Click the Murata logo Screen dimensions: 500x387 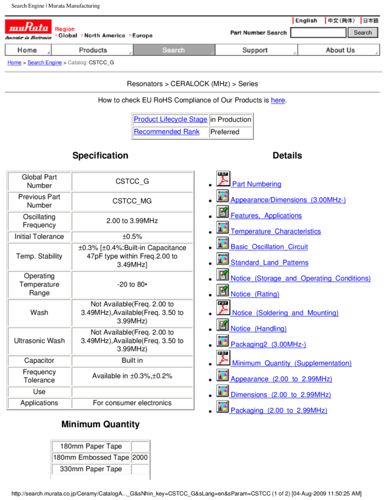pyautogui.click(x=28, y=27)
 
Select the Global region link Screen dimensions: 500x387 pyautogui.click(x=68, y=36)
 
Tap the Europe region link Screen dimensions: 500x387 pyautogui.click(x=142, y=36)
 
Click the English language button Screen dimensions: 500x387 pyautogui.click(x=309, y=21)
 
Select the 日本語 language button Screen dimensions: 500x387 pyautogui.click(x=371, y=21)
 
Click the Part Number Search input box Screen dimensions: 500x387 pyautogui.click(x=318, y=33)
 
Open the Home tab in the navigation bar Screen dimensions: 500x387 pyautogui.click(x=28, y=51)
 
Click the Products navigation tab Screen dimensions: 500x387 pyautogui.click(x=92, y=51)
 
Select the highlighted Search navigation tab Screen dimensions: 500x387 pyautogui.click(x=174, y=51)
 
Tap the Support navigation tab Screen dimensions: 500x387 pyautogui.click(x=255, y=51)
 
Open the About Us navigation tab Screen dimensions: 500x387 pyautogui.click(x=340, y=51)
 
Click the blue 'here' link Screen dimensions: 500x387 pyautogui.click(x=277, y=100)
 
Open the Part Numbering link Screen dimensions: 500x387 pyautogui.click(x=256, y=184)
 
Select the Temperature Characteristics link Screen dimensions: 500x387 pyautogui.click(x=275, y=231)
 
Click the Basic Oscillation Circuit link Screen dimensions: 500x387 pyautogui.click(x=269, y=247)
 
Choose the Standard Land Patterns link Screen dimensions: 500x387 pyautogui.click(x=269, y=262)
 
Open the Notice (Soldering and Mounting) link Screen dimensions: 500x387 pyautogui.click(x=285, y=313)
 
